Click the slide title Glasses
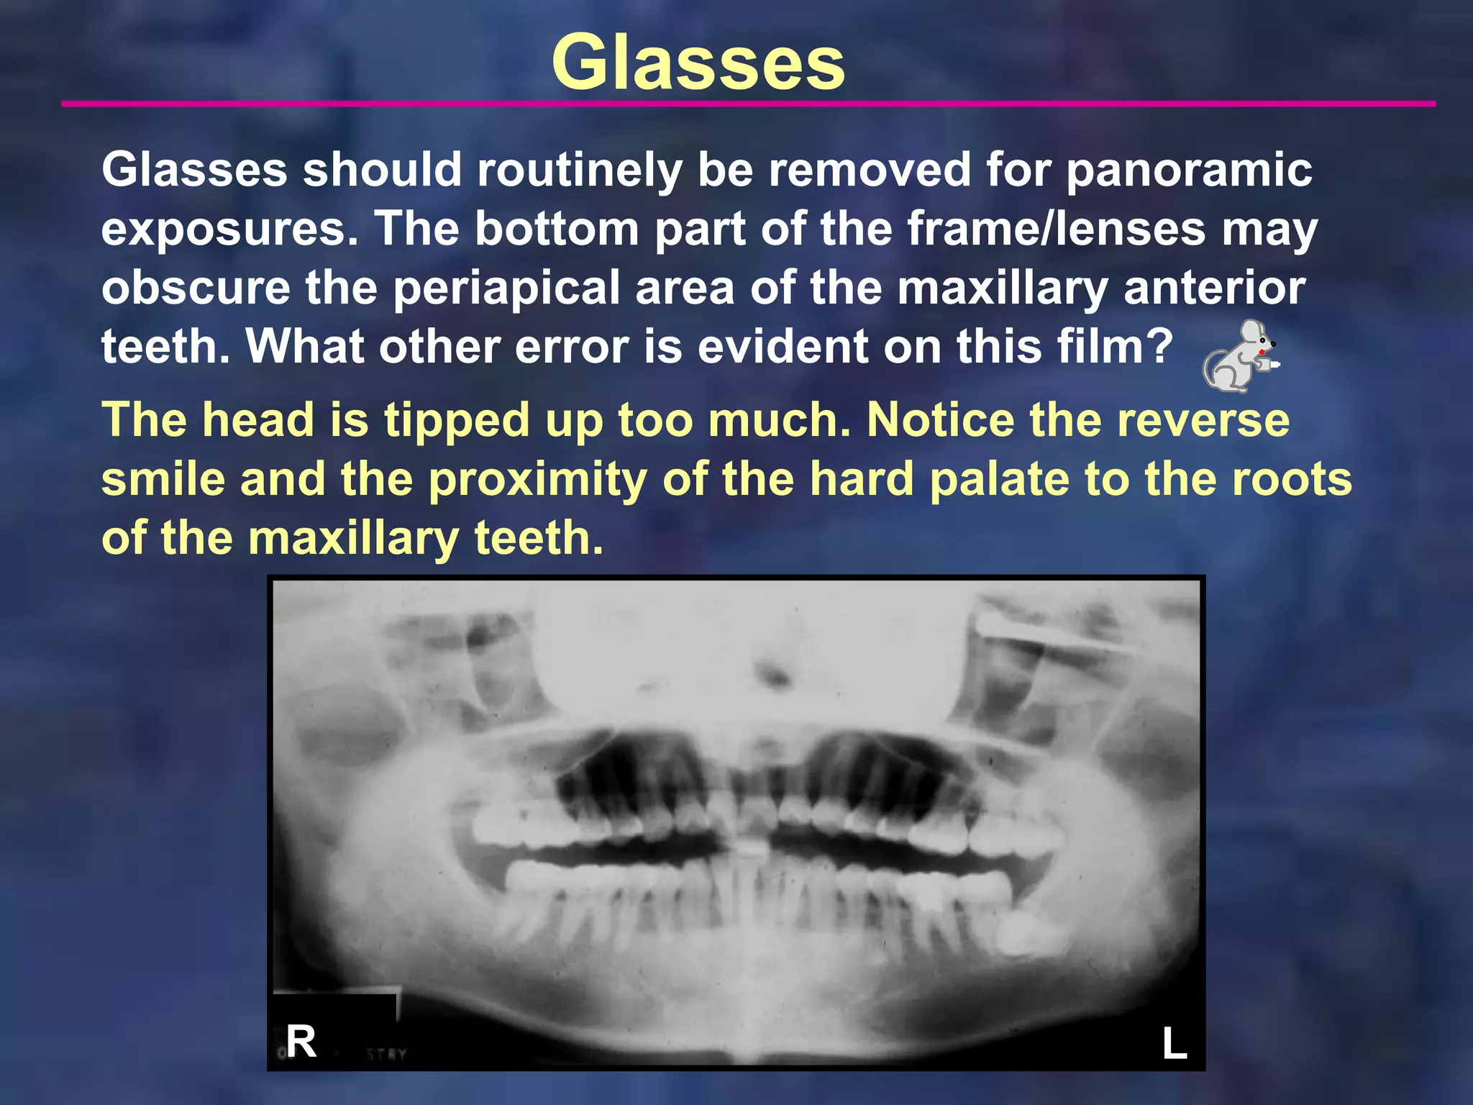[698, 63]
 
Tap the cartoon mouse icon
[1239, 356]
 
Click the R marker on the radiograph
[301, 1041]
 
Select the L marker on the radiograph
[1175, 1042]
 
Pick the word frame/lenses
[1056, 229]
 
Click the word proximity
[537, 480]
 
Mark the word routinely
[579, 171]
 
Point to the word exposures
[229, 230]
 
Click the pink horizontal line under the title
[748, 104]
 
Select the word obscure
[196, 288]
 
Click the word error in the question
[571, 347]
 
